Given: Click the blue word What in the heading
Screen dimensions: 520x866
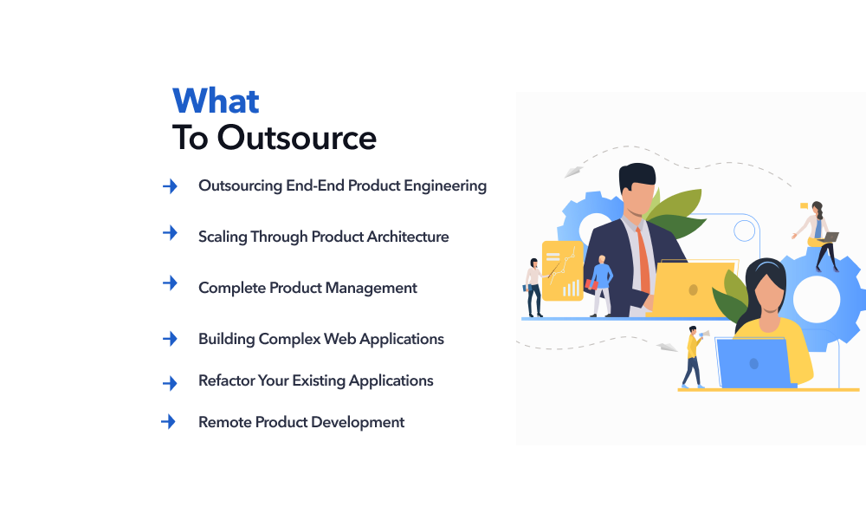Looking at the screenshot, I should pyautogui.click(x=216, y=101).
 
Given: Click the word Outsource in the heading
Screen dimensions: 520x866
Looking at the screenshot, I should pyautogui.click(x=296, y=138).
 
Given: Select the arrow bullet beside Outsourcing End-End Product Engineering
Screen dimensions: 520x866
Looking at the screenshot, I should pyautogui.click(x=170, y=185).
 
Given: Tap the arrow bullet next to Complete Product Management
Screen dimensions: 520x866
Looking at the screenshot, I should pyautogui.click(x=170, y=283).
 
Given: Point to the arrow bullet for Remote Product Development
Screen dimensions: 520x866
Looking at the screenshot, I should pyautogui.click(x=169, y=422).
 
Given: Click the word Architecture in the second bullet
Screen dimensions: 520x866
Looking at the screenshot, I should pyautogui.click(x=408, y=237).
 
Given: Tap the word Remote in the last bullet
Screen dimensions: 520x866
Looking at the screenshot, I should pyautogui.click(x=223, y=422).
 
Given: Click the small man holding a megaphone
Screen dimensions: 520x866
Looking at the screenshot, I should pyautogui.click(x=693, y=355).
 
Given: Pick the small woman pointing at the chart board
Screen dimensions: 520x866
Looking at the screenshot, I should pyautogui.click(x=533, y=286).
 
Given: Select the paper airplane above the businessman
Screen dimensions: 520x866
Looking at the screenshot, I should pyautogui.click(x=574, y=172).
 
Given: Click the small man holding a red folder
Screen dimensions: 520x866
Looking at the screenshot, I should pyautogui.click(x=599, y=284).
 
